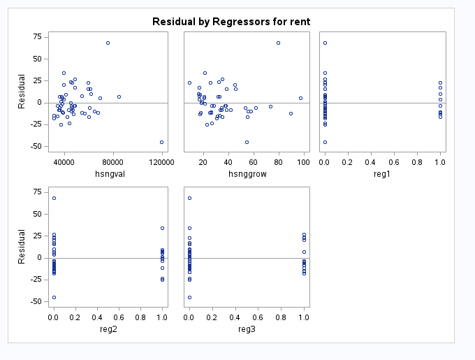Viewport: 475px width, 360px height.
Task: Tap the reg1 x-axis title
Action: click(382, 173)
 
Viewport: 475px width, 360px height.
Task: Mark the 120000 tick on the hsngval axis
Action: click(161, 161)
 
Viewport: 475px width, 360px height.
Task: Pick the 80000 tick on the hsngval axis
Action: click(113, 161)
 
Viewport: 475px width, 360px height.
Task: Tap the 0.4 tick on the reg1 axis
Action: click(371, 161)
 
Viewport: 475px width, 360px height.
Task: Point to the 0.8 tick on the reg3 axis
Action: click(281, 317)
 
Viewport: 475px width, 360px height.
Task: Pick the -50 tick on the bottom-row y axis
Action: click(33, 302)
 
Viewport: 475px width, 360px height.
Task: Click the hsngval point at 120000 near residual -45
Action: click(161, 142)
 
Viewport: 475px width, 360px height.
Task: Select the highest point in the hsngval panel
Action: click(108, 43)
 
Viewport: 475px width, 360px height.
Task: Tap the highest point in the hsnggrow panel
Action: click(278, 43)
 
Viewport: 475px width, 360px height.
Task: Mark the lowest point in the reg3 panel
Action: click(189, 297)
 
